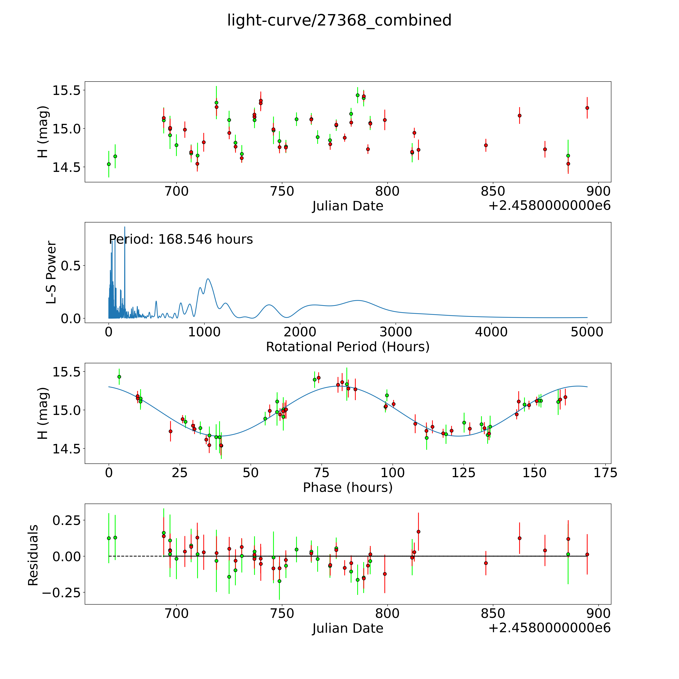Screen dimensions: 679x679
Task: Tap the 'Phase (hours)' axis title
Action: [348, 487]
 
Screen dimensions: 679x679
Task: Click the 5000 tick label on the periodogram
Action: [587, 332]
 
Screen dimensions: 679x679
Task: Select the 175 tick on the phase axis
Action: [605, 473]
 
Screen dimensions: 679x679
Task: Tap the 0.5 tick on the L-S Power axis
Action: [70, 266]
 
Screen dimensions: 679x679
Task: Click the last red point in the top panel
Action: [587, 108]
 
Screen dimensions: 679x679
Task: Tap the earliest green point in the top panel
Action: [109, 164]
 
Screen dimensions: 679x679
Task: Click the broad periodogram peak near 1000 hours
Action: [208, 279]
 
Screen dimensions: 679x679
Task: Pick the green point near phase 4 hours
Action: [119, 377]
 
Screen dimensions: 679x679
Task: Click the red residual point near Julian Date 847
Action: [486, 563]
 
